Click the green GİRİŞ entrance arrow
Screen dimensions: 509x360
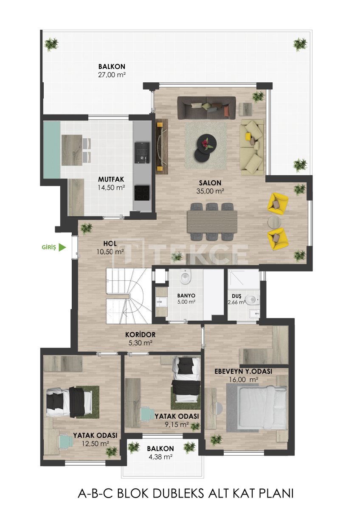62,247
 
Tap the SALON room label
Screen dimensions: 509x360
210,183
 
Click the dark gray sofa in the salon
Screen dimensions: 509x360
206,107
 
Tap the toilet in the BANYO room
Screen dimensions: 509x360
186,278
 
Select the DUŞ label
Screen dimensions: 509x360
237,295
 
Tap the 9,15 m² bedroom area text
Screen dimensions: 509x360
177,424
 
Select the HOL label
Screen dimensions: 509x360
110,244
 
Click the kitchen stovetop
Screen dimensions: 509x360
142,193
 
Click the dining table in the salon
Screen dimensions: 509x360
212,221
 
